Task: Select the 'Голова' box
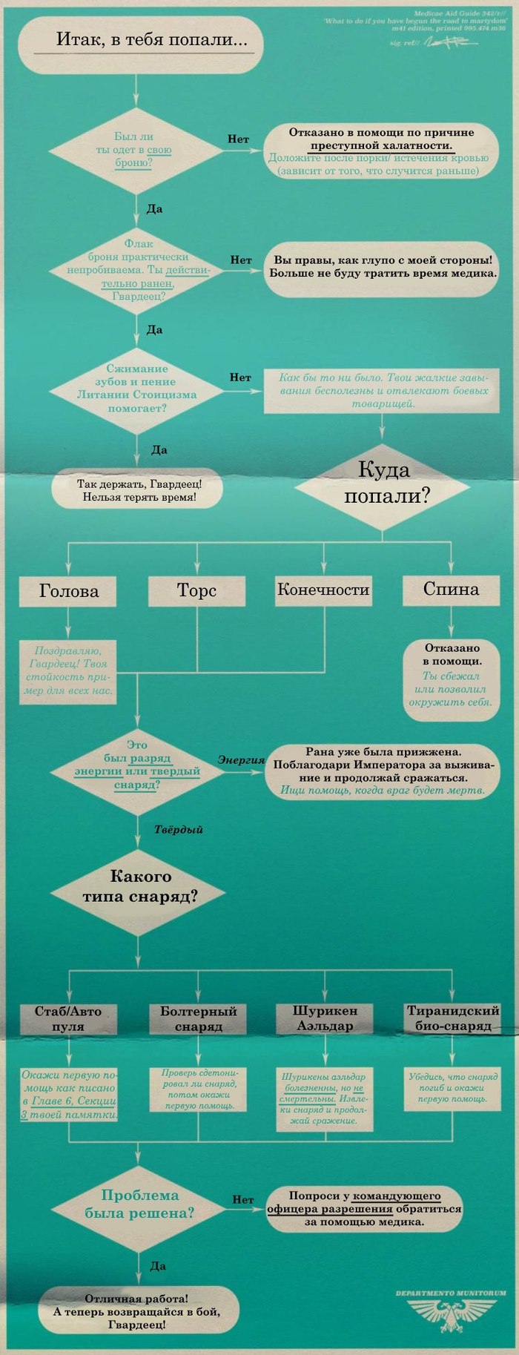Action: point(69,590)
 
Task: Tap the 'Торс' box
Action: point(196,590)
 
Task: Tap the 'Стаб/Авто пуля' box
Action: point(68,1018)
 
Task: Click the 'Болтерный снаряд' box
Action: point(198,1018)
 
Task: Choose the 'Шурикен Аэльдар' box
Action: point(325,1018)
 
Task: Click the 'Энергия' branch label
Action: point(242,760)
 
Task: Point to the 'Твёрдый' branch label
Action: point(179,829)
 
